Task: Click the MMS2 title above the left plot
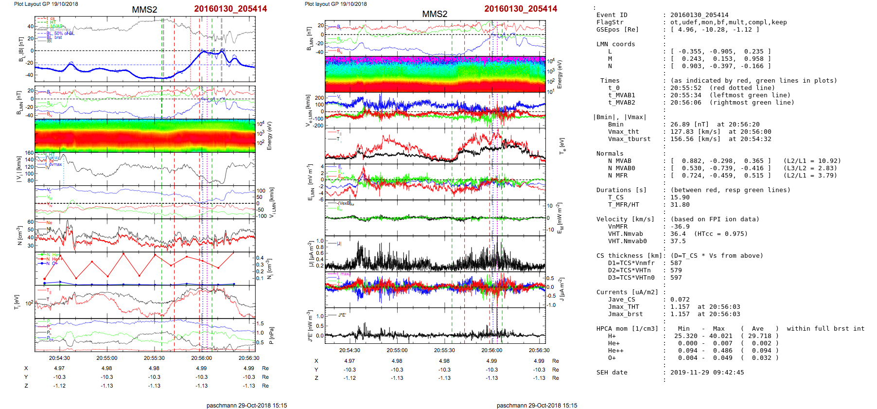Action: point(144,10)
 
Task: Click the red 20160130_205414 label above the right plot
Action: point(521,9)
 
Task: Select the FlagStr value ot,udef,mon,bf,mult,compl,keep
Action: point(728,22)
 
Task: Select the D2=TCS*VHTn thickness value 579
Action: point(676,270)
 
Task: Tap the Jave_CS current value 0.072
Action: point(680,300)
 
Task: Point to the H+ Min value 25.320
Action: point(685,336)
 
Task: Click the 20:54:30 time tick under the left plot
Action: point(59,358)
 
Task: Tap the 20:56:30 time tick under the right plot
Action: point(539,350)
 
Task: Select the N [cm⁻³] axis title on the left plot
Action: point(20,235)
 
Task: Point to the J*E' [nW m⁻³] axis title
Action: point(310,326)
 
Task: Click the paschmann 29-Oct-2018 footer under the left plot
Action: point(246,405)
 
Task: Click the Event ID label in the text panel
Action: point(612,15)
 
